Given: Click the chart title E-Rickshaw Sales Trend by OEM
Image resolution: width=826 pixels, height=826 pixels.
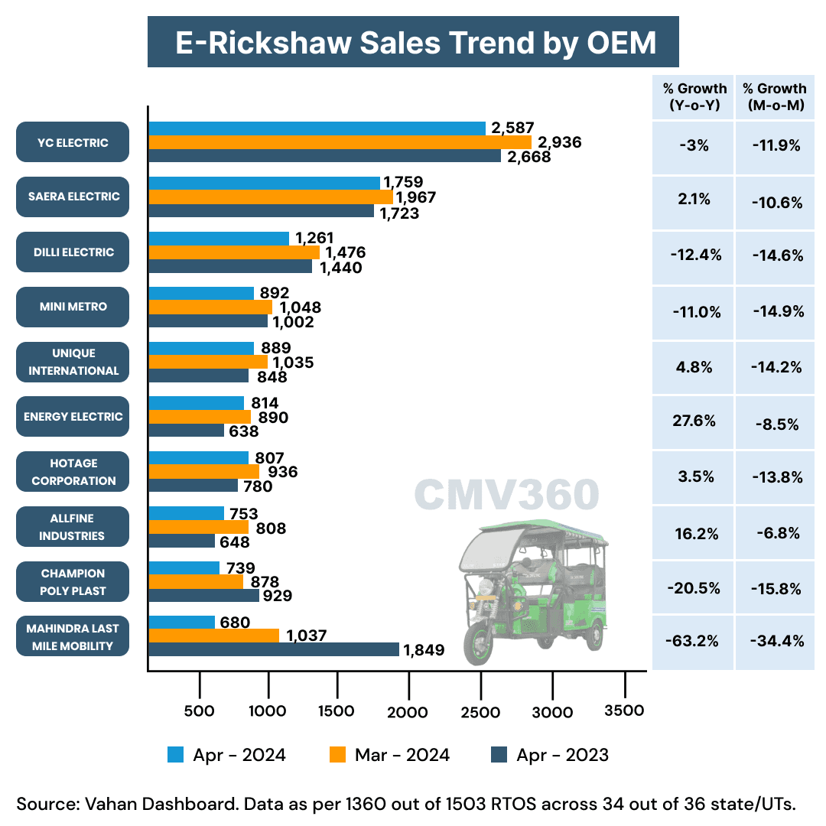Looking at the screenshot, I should click(413, 43).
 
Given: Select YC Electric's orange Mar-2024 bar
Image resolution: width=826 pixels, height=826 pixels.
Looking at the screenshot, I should click(340, 142).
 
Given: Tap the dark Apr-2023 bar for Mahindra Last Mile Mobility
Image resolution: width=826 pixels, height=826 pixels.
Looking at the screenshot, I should click(273, 649).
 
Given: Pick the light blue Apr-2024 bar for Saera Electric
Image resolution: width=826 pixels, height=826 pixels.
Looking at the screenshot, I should click(264, 183).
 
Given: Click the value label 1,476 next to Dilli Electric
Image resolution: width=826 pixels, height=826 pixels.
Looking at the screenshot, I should click(346, 252).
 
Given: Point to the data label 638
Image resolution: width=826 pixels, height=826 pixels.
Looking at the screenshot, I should click(244, 431).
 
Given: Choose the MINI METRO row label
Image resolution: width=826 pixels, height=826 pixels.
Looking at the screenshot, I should click(73, 307).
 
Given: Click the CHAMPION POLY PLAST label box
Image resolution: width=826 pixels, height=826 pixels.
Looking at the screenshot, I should click(73, 582).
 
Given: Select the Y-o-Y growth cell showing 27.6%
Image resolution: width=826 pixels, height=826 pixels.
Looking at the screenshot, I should click(693, 421).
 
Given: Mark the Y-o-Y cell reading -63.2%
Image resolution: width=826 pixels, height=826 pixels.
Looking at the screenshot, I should click(693, 641).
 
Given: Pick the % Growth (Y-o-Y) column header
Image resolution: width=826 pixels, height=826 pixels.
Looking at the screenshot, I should click(693, 97).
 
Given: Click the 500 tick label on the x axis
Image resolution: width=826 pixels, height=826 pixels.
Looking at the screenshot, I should click(199, 711).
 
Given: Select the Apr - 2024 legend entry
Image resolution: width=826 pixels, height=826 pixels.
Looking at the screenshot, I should click(227, 755).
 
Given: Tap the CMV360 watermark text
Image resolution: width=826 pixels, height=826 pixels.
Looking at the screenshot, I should click(506, 496).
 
